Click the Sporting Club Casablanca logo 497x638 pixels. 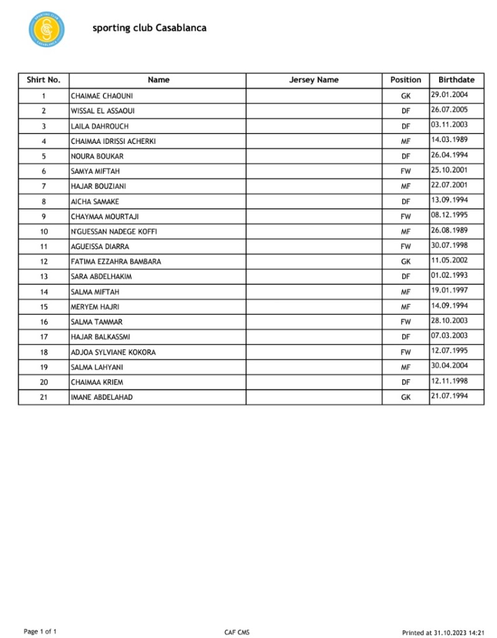46,29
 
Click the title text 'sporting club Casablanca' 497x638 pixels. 150,28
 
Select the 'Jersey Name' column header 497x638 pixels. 314,80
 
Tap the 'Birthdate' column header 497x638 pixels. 456,80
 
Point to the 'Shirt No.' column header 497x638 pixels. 44,80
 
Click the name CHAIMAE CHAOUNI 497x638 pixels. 102,96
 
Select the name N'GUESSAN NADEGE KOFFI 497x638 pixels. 114,232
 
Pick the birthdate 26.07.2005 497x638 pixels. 449,110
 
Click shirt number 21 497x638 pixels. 44,398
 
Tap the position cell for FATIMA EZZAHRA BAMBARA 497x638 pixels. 406,262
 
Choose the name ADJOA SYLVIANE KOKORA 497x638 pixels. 113,353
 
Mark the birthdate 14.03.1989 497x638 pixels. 449,140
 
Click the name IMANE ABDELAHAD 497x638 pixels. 102,398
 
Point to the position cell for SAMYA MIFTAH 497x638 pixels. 406,171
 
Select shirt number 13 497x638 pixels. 44,277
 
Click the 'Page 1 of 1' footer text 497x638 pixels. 40,632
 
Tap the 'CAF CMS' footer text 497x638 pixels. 237,632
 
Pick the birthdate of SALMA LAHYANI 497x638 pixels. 449,366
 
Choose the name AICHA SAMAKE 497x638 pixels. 95,202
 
